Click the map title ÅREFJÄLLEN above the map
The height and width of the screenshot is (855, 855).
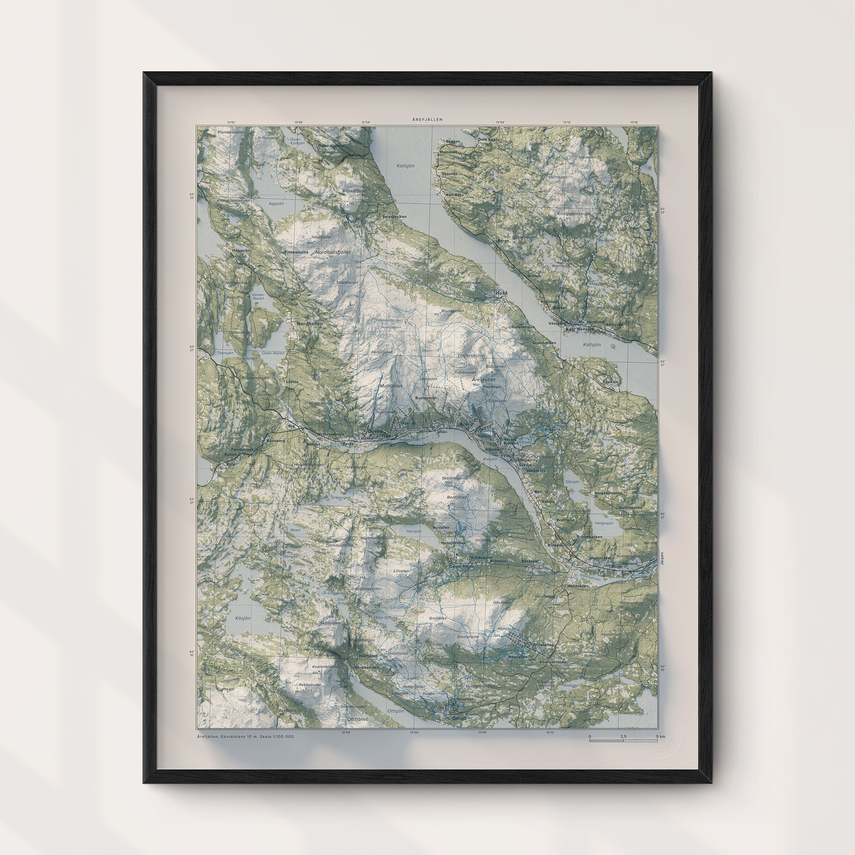coord(427,119)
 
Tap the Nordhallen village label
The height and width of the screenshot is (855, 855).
coord(309,323)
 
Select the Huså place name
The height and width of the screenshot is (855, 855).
coord(501,293)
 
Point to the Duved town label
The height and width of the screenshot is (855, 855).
coord(374,431)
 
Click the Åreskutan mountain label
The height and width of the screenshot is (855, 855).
coord(483,379)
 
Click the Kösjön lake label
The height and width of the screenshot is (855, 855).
coord(243,618)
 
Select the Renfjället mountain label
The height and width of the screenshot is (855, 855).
coord(457,497)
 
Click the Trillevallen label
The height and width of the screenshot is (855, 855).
coord(543,645)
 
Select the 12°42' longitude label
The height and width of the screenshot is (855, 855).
coord(232,122)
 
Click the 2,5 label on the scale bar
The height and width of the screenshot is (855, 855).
coord(623,736)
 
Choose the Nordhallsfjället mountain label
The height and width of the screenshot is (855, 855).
coord(333,252)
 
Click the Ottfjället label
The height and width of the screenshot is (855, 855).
coord(358,719)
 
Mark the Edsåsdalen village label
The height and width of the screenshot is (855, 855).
coord(482,557)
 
